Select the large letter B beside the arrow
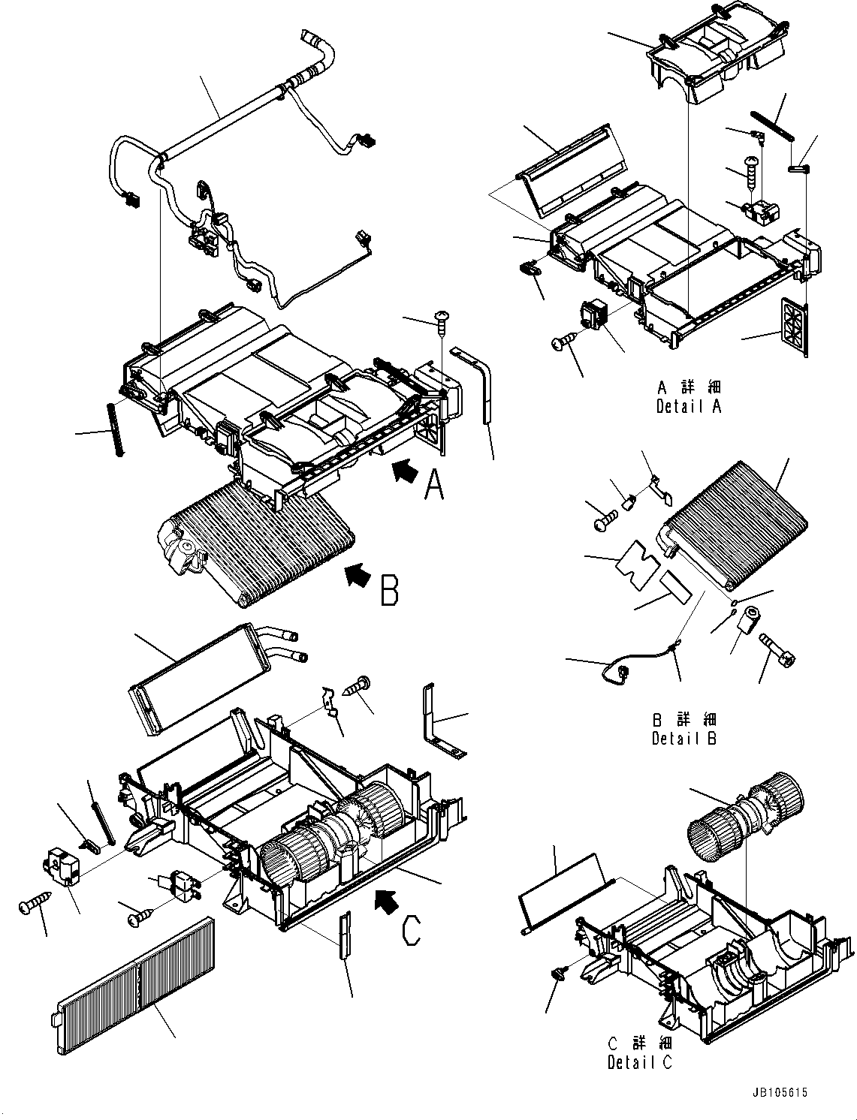click(x=388, y=589)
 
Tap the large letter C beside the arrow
click(x=412, y=930)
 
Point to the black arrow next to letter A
click(x=405, y=473)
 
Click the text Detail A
click(x=688, y=407)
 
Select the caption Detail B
click(x=684, y=738)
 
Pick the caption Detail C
click(x=640, y=1062)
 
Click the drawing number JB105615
click(x=777, y=1094)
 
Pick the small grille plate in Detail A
click(x=795, y=324)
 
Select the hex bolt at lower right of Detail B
click(x=779, y=649)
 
